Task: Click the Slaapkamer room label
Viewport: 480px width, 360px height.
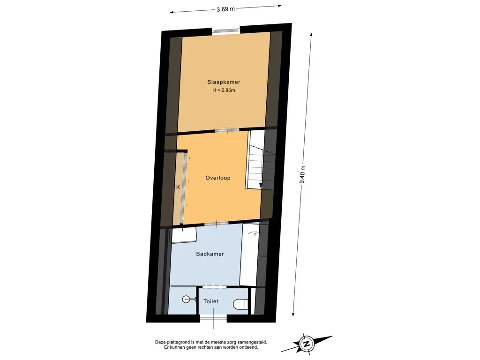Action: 224,82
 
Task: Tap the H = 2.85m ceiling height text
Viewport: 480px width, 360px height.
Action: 224,90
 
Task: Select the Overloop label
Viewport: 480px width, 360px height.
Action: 218,178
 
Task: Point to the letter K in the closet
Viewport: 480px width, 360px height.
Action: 178,187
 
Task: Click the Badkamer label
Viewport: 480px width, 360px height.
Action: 210,254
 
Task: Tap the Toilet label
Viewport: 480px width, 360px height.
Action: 211,301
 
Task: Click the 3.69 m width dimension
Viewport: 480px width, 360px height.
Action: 225,9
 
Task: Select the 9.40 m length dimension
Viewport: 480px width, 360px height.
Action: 302,174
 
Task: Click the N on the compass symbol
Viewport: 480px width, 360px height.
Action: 307,343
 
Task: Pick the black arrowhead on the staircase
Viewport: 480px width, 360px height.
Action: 261,185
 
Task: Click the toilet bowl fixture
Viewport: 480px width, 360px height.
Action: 240,305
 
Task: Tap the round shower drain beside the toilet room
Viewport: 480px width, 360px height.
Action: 186,299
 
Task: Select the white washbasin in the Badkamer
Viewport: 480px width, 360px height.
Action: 184,235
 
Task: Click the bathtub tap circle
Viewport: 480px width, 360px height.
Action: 255,234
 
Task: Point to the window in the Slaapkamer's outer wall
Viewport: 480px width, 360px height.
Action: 226,30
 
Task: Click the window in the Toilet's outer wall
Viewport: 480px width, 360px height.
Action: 213,319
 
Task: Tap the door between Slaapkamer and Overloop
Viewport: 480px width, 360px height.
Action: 227,130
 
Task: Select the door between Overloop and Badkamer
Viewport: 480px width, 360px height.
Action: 217,224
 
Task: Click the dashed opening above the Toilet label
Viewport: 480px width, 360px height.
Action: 215,287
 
